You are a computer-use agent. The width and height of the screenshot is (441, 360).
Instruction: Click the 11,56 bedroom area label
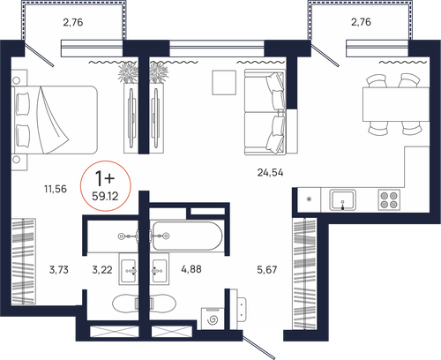click(56, 189)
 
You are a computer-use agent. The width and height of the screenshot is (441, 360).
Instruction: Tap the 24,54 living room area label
click(270, 172)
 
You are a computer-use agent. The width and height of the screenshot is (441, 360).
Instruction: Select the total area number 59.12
click(105, 196)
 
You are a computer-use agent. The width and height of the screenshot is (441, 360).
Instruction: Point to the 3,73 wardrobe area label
click(59, 269)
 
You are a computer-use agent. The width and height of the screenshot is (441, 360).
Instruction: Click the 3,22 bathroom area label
click(102, 269)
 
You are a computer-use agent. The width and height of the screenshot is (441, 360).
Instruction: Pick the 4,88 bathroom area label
click(191, 269)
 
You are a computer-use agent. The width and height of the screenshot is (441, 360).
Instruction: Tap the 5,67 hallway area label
click(267, 269)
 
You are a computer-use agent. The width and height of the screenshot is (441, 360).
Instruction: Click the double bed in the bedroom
click(55, 120)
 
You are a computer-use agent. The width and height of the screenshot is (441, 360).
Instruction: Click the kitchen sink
click(342, 199)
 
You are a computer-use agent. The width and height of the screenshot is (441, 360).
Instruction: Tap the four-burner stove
click(389, 199)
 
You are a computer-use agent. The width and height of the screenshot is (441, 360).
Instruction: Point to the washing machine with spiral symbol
click(212, 319)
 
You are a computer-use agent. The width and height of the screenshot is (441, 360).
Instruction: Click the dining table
click(396, 104)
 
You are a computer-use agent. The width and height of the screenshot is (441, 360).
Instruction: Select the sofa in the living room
click(265, 112)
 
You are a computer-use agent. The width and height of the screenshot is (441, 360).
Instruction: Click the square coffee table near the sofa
click(224, 82)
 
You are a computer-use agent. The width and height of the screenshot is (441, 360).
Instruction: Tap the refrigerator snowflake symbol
click(309, 199)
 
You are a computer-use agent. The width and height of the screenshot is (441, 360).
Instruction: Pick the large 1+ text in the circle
click(105, 178)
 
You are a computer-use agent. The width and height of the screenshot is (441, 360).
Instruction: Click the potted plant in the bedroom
click(128, 72)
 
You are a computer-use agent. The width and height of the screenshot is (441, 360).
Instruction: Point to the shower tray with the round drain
click(113, 236)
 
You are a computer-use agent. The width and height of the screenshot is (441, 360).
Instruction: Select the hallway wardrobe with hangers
click(304, 274)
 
